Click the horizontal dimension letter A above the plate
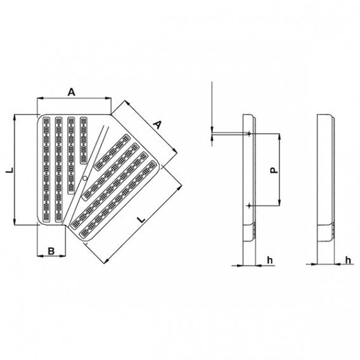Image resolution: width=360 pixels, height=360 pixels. pyautogui.click(x=72, y=93)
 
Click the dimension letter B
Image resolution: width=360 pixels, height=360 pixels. pyautogui.click(x=51, y=252)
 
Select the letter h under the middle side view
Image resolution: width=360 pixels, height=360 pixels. pyautogui.click(x=269, y=259)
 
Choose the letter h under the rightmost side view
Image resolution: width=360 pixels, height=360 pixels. pyautogui.click(x=348, y=259)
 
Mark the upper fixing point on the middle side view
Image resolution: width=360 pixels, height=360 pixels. pyautogui.click(x=250, y=134)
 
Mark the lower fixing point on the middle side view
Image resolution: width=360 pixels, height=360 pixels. pyautogui.click(x=250, y=206)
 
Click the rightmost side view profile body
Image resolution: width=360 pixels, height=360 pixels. pyautogui.click(x=326, y=181)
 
